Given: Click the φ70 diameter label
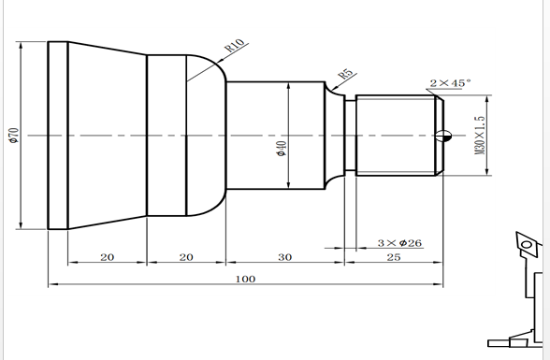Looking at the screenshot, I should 13,136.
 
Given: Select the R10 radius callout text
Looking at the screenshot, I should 234,47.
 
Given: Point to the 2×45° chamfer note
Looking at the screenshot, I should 449,83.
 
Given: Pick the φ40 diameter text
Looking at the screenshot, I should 282,148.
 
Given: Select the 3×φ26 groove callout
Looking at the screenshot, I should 399,243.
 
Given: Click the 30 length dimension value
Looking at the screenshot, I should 284,256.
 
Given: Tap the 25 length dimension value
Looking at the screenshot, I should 393,256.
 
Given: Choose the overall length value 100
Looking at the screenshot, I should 245,279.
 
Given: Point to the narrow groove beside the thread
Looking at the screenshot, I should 350,136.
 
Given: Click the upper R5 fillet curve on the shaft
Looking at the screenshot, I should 331,91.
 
